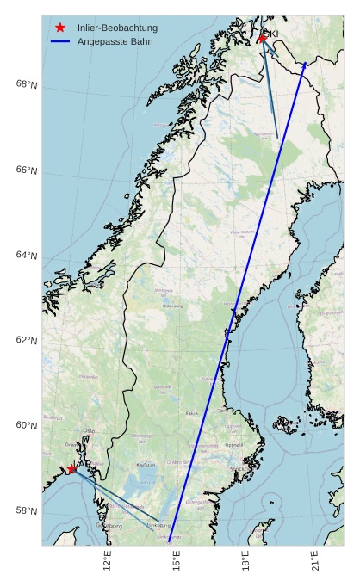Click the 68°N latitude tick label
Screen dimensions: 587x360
pos(26,84)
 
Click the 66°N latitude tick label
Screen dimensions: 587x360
pos(26,170)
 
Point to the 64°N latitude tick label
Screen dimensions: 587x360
pos(26,256)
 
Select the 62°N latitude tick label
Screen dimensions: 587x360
pos(26,341)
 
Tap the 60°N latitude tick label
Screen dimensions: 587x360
pos(26,426)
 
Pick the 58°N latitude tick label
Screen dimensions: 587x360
pos(26,511)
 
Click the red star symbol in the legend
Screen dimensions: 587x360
pos(60,28)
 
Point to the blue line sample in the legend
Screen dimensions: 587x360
pos(60,41)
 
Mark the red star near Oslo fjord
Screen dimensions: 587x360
pos(71,469)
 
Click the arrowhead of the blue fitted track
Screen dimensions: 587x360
pos(305,63)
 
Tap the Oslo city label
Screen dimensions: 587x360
pos(90,431)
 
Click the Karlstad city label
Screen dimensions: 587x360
pos(146,465)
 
